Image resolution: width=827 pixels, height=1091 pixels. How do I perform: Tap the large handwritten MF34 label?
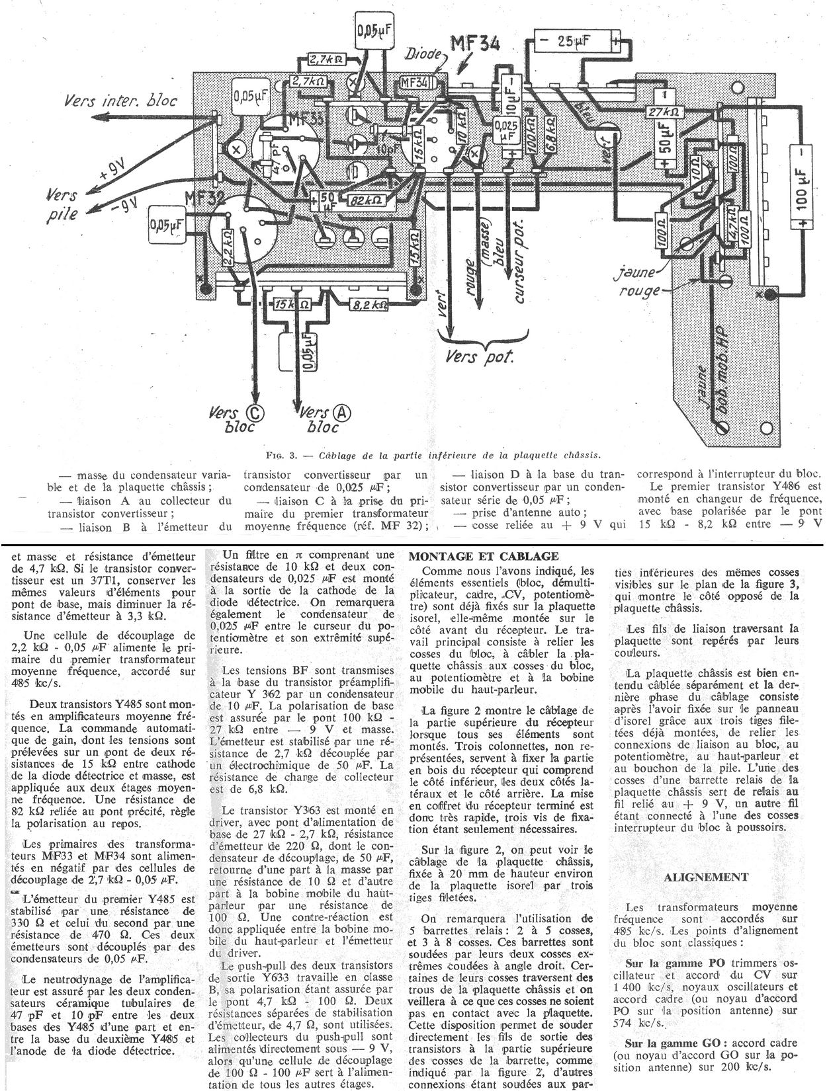(x=474, y=45)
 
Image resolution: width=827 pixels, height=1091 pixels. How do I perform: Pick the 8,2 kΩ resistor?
(x=369, y=305)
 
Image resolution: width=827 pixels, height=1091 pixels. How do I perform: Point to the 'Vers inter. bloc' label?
(x=121, y=101)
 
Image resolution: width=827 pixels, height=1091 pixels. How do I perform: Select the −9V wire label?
(x=122, y=205)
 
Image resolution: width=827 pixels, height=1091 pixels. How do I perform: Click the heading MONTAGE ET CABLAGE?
(x=484, y=556)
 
